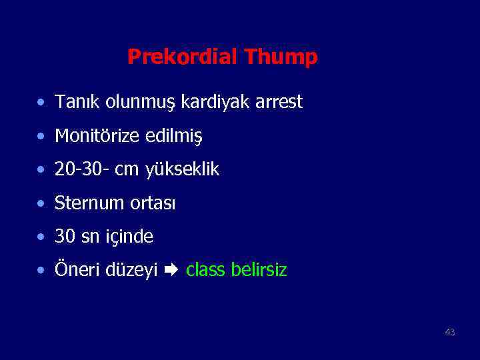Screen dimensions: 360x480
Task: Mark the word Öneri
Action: pos(76,270)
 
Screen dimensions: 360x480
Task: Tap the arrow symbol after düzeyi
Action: pos(171,271)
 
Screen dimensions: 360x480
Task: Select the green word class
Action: pos(205,270)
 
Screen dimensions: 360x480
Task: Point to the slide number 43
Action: pos(450,332)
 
